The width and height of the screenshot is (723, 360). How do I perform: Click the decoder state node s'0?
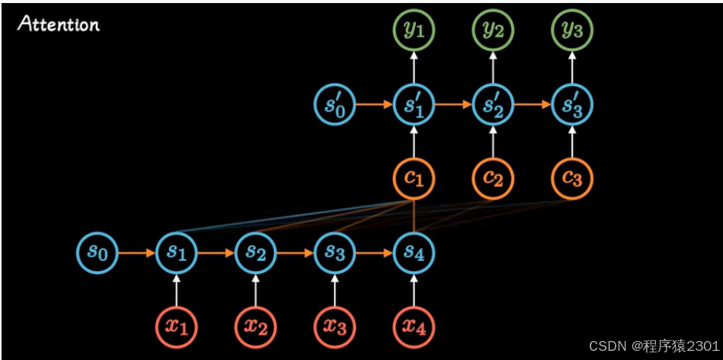[x=335, y=105]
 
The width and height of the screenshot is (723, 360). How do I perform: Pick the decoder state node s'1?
[x=414, y=105]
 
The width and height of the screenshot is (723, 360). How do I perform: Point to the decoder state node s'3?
[x=572, y=105]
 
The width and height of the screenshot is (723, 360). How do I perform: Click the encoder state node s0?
[x=97, y=252]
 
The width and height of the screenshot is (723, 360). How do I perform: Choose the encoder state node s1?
[x=177, y=252]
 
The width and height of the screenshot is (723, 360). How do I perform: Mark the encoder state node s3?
[x=335, y=252]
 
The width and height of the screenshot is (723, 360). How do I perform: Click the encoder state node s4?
[x=414, y=252]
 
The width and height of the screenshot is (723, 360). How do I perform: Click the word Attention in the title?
[x=59, y=24]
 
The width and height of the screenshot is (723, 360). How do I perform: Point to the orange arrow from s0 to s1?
[x=137, y=252]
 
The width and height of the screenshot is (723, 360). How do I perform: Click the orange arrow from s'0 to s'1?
[x=374, y=105]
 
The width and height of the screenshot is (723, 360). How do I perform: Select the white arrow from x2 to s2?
[x=256, y=289]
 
